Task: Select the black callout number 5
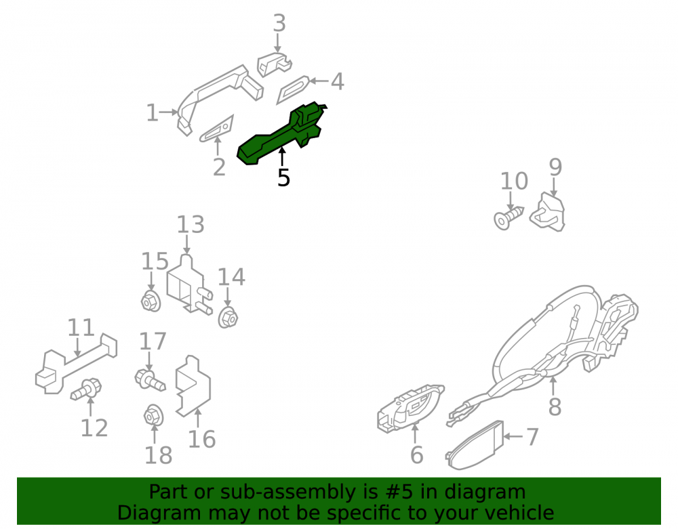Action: (283, 178)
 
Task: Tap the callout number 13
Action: (191, 225)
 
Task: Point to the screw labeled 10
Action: (508, 217)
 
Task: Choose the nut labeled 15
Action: (151, 301)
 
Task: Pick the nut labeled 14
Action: (228, 318)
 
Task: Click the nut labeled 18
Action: (153, 415)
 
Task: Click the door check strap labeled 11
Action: (76, 364)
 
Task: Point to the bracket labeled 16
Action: (193, 385)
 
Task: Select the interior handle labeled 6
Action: (410, 407)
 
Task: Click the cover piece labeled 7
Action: (475, 446)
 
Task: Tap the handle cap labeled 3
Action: (274, 64)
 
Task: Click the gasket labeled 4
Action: (293, 89)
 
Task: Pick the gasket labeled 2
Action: (217, 129)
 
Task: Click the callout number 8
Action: (555, 406)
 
